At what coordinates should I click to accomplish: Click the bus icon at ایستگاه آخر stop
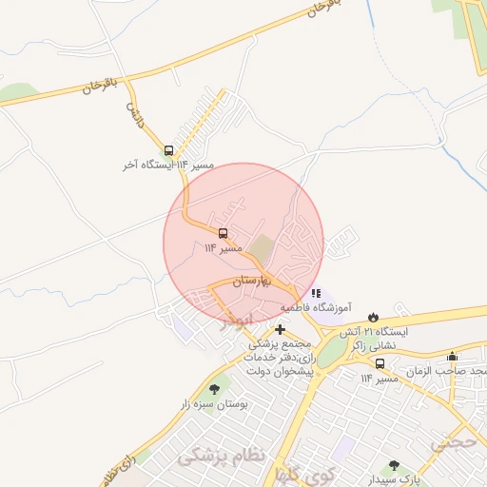[169, 150]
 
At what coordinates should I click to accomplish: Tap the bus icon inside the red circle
[224, 233]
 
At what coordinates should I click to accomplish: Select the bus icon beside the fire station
[380, 363]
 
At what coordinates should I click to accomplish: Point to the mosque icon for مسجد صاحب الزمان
[451, 357]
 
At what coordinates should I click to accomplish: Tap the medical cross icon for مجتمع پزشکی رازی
[280, 328]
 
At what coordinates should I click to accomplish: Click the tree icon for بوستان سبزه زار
[213, 389]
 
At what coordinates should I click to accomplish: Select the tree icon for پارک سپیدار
[394, 467]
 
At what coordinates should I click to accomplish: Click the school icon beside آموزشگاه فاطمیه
[316, 293]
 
